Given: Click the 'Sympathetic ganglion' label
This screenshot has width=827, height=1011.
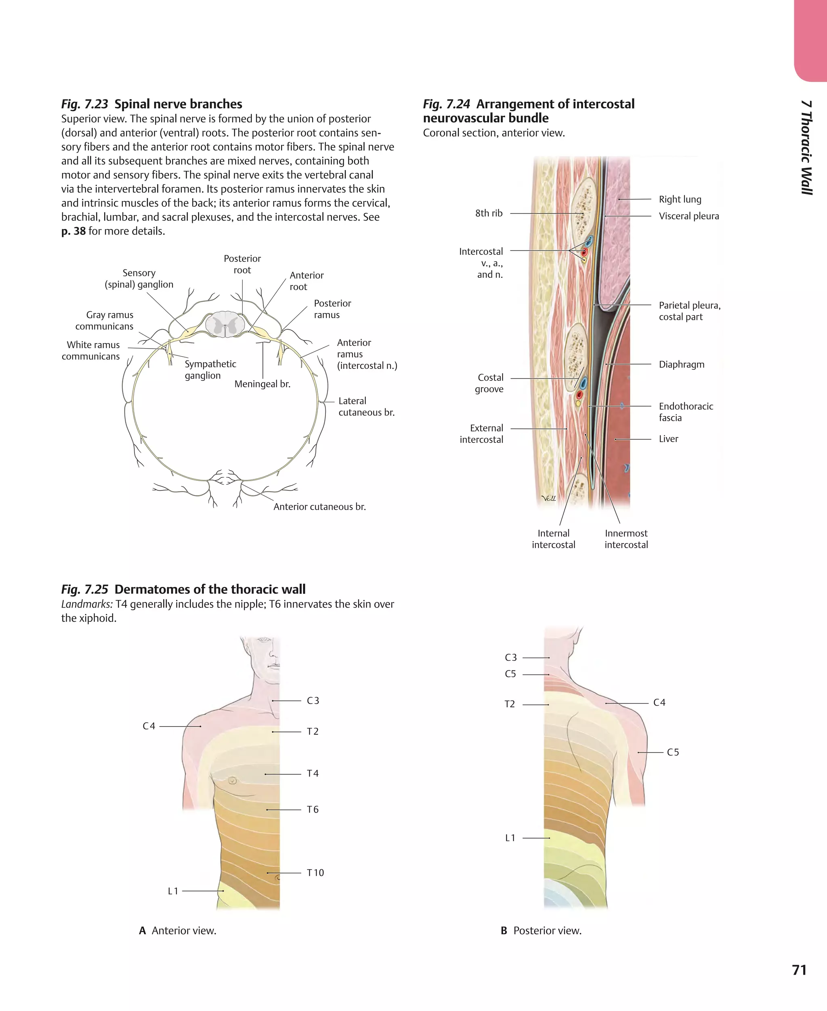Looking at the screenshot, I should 210,370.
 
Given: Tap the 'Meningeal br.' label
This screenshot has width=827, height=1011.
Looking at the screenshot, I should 262,384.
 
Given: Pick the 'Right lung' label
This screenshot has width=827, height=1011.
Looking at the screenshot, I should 680,200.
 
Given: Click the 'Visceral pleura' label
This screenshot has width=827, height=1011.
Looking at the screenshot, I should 688,216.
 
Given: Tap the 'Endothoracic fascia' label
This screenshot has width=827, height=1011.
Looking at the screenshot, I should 686,412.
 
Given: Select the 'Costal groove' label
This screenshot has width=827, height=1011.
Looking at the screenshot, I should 489,384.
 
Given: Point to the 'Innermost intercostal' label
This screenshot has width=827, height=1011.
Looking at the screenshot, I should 626,539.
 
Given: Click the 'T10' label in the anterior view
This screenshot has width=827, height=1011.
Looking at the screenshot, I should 315,873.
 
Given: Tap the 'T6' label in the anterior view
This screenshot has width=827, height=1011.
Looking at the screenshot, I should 313,809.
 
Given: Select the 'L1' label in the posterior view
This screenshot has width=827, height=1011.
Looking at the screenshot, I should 510,838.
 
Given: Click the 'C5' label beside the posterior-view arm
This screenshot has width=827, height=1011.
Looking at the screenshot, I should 673,752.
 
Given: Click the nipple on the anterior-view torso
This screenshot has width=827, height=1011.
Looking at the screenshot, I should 233,780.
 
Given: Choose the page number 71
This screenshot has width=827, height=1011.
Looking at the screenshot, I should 799,970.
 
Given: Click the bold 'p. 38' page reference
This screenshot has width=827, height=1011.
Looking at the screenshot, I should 73,231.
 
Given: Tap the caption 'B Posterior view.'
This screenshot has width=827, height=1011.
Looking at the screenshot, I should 541,931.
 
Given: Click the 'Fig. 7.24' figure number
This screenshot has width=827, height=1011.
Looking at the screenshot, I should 446,104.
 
